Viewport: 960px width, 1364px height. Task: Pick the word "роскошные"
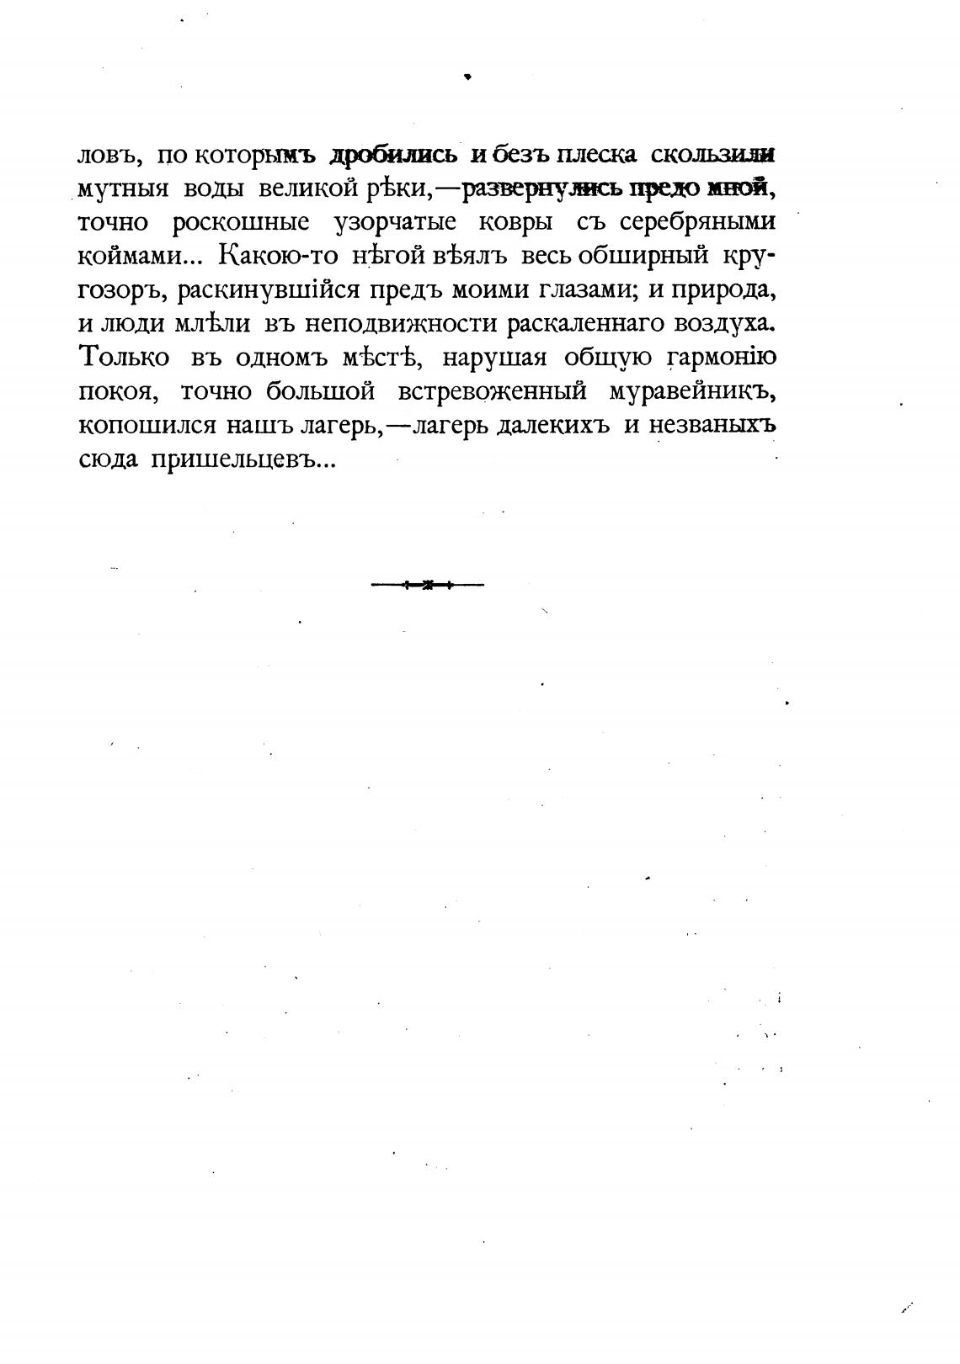[x=241, y=223]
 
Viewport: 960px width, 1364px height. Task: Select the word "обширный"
[x=633, y=257]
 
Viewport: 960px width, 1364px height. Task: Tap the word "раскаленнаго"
[x=589, y=324]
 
